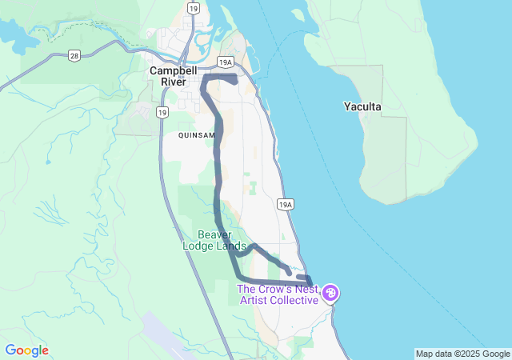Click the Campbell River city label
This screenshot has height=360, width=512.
click(174, 76)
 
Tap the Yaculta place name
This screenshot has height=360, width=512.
click(362, 106)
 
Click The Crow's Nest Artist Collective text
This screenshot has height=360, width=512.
click(278, 294)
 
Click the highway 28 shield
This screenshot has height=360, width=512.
click(74, 55)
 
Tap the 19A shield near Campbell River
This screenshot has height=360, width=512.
click(226, 62)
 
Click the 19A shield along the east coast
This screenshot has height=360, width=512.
click(286, 205)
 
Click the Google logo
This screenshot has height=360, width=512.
click(26, 350)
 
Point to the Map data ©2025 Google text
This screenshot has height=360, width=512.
click(462, 354)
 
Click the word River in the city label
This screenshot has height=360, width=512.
click(174, 82)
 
